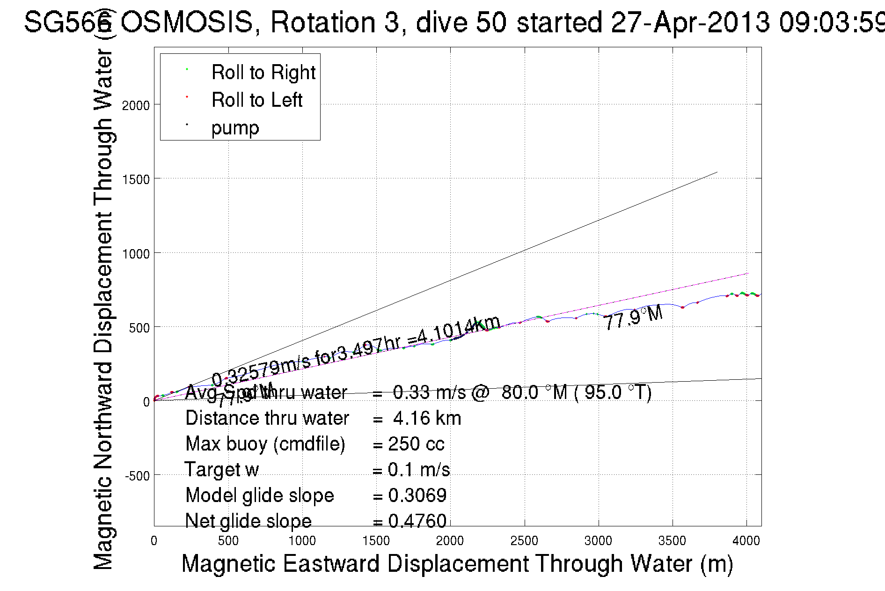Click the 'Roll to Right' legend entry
coord(263,73)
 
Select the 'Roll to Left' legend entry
coord(256,100)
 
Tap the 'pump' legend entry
coord(235,128)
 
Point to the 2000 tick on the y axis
coord(136,105)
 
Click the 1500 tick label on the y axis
coord(136,179)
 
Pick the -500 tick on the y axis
coord(137,476)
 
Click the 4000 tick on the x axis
coord(746,541)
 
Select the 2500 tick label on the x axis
coord(524,541)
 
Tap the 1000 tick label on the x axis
coord(302,541)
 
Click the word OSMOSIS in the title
coord(187,22)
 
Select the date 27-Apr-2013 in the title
coord(690,22)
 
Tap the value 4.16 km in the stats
coord(427,418)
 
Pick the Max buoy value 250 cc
coord(416,444)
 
